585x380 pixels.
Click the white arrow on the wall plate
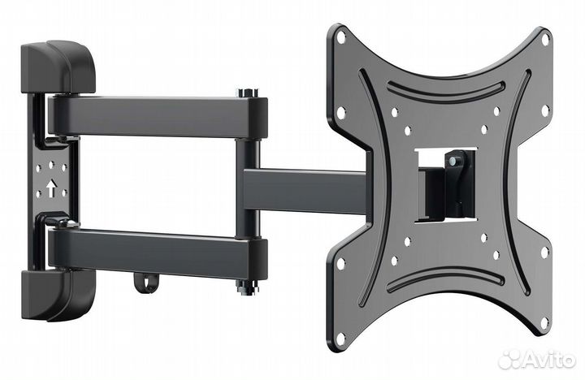[51, 188]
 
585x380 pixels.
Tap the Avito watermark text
[548, 361]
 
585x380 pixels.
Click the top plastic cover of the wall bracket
[58, 67]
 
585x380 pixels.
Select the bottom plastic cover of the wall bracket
[58, 295]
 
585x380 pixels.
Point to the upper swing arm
[157, 116]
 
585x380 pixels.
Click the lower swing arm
[157, 253]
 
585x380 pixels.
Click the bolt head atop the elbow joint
[247, 93]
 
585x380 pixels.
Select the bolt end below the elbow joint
[247, 288]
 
